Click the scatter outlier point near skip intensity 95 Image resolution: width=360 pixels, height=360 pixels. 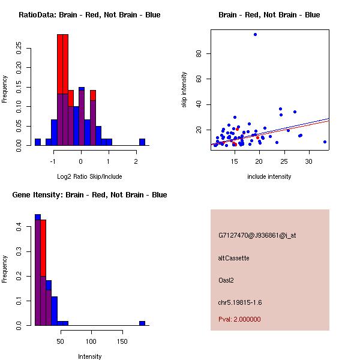coord(255,34)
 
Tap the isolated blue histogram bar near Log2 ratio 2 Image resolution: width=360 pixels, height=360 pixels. coord(142,142)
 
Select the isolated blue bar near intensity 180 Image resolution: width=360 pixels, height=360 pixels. coord(142,323)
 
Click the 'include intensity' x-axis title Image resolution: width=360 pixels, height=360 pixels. coord(269,176)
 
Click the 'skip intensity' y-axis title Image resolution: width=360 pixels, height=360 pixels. coord(184,90)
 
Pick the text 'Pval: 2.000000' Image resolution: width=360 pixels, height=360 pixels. coord(239,319)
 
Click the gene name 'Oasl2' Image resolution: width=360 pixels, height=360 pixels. coord(226,280)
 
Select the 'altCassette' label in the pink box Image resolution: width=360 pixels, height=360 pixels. coord(233,258)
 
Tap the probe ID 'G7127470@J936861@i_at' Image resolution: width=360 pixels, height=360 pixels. coord(257,235)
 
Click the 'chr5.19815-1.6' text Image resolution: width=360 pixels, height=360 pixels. coord(240,302)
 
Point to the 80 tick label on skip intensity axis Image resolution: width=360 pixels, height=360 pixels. coord(199,53)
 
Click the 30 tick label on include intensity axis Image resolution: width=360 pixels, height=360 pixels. coord(309,161)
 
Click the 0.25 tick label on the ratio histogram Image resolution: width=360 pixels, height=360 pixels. coord(19,49)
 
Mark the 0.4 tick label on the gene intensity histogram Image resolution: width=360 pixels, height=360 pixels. coord(19,227)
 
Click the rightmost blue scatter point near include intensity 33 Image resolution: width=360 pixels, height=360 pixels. coord(325,142)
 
